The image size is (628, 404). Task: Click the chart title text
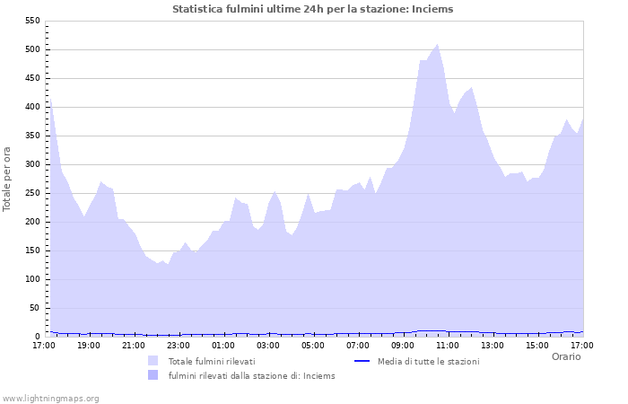(x=312, y=9)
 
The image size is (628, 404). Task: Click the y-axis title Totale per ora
(x=8, y=179)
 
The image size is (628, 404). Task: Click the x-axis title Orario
(x=565, y=356)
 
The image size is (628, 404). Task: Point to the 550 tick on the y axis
(x=31, y=21)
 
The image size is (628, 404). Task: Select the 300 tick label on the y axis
(x=31, y=164)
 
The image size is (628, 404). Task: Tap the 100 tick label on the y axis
(x=31, y=279)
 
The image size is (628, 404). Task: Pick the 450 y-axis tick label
(x=31, y=78)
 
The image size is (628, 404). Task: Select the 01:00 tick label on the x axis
(x=222, y=345)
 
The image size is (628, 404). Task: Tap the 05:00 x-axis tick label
(x=313, y=345)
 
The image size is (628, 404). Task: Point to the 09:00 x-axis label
(x=403, y=345)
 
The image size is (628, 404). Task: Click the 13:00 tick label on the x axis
(x=493, y=345)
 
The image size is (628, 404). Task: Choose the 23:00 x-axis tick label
(x=178, y=345)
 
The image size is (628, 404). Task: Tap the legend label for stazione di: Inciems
(x=251, y=375)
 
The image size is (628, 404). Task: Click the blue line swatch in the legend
(x=362, y=361)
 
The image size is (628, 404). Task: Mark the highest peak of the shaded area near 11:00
(x=437, y=44)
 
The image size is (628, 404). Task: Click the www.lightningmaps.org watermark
(x=50, y=398)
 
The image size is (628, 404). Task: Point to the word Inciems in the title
(x=434, y=9)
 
